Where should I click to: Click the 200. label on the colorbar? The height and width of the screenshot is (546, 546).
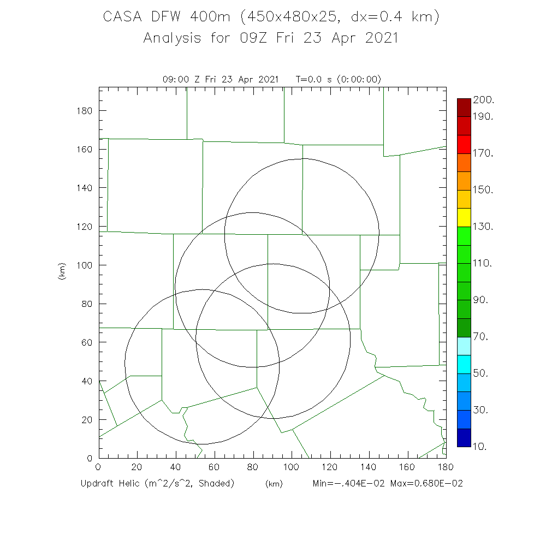(484, 99)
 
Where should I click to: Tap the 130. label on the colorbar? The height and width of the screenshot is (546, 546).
(484, 227)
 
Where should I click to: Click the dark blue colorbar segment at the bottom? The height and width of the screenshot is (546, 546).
(464, 438)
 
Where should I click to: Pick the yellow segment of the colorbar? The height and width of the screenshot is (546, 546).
(464, 217)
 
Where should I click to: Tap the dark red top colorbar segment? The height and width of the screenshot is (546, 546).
(464, 108)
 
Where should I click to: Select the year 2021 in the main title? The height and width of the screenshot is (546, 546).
(377, 38)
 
